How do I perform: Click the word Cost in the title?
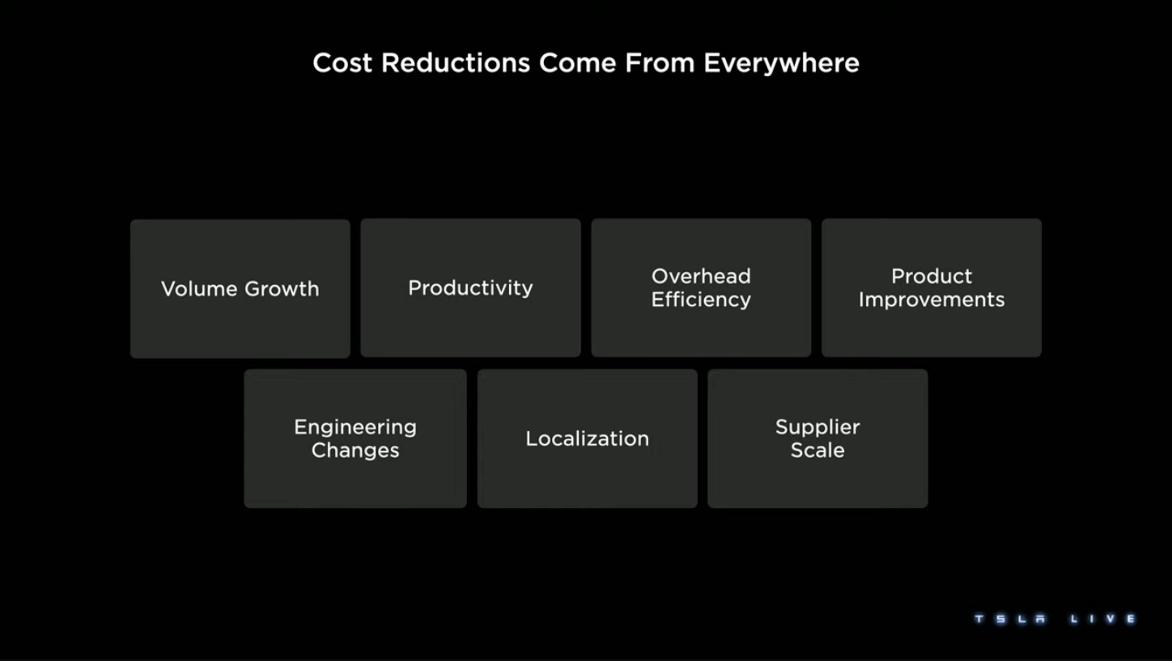point(342,63)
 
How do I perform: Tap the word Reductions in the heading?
point(455,63)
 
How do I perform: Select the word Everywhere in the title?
point(781,63)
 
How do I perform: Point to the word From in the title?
point(660,63)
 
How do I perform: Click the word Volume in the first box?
point(199,288)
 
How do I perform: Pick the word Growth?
point(282,288)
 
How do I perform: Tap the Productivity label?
point(470,288)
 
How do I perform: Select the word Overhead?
point(701,276)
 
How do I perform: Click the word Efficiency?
point(701,300)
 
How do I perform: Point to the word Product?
point(932,276)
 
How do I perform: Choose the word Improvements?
point(932,300)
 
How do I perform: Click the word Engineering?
point(355,428)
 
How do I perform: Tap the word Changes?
point(355,450)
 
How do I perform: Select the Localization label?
point(587,438)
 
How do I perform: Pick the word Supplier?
point(817,428)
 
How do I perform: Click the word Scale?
point(817,450)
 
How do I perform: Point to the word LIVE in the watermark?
point(1102,619)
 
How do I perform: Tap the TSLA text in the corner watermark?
point(1010,619)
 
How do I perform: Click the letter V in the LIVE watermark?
point(1110,619)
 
